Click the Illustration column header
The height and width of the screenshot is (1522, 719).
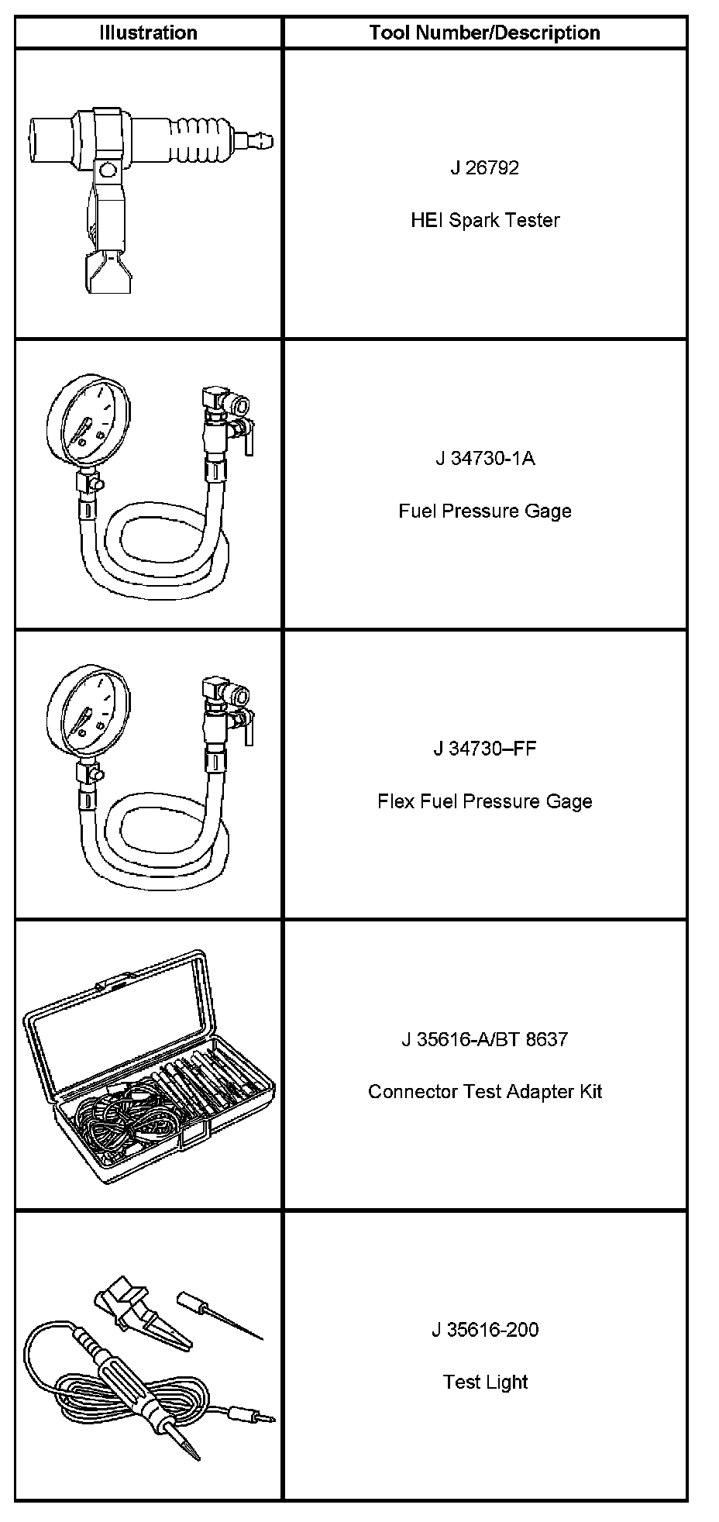148,33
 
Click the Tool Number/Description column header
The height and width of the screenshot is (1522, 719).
485,33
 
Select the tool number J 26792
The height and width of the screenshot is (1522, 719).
485,167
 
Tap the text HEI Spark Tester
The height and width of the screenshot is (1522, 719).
485,220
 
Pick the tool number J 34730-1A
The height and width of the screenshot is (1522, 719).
485,458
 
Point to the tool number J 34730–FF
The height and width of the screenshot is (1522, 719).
485,749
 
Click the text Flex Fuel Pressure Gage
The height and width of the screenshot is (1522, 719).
485,801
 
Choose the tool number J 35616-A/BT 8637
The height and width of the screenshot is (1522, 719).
485,1039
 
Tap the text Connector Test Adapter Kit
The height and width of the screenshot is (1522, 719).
485,1092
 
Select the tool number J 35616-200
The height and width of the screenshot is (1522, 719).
485,1330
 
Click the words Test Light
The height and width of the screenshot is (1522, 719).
485,1383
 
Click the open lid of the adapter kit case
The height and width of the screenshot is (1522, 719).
116,1007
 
